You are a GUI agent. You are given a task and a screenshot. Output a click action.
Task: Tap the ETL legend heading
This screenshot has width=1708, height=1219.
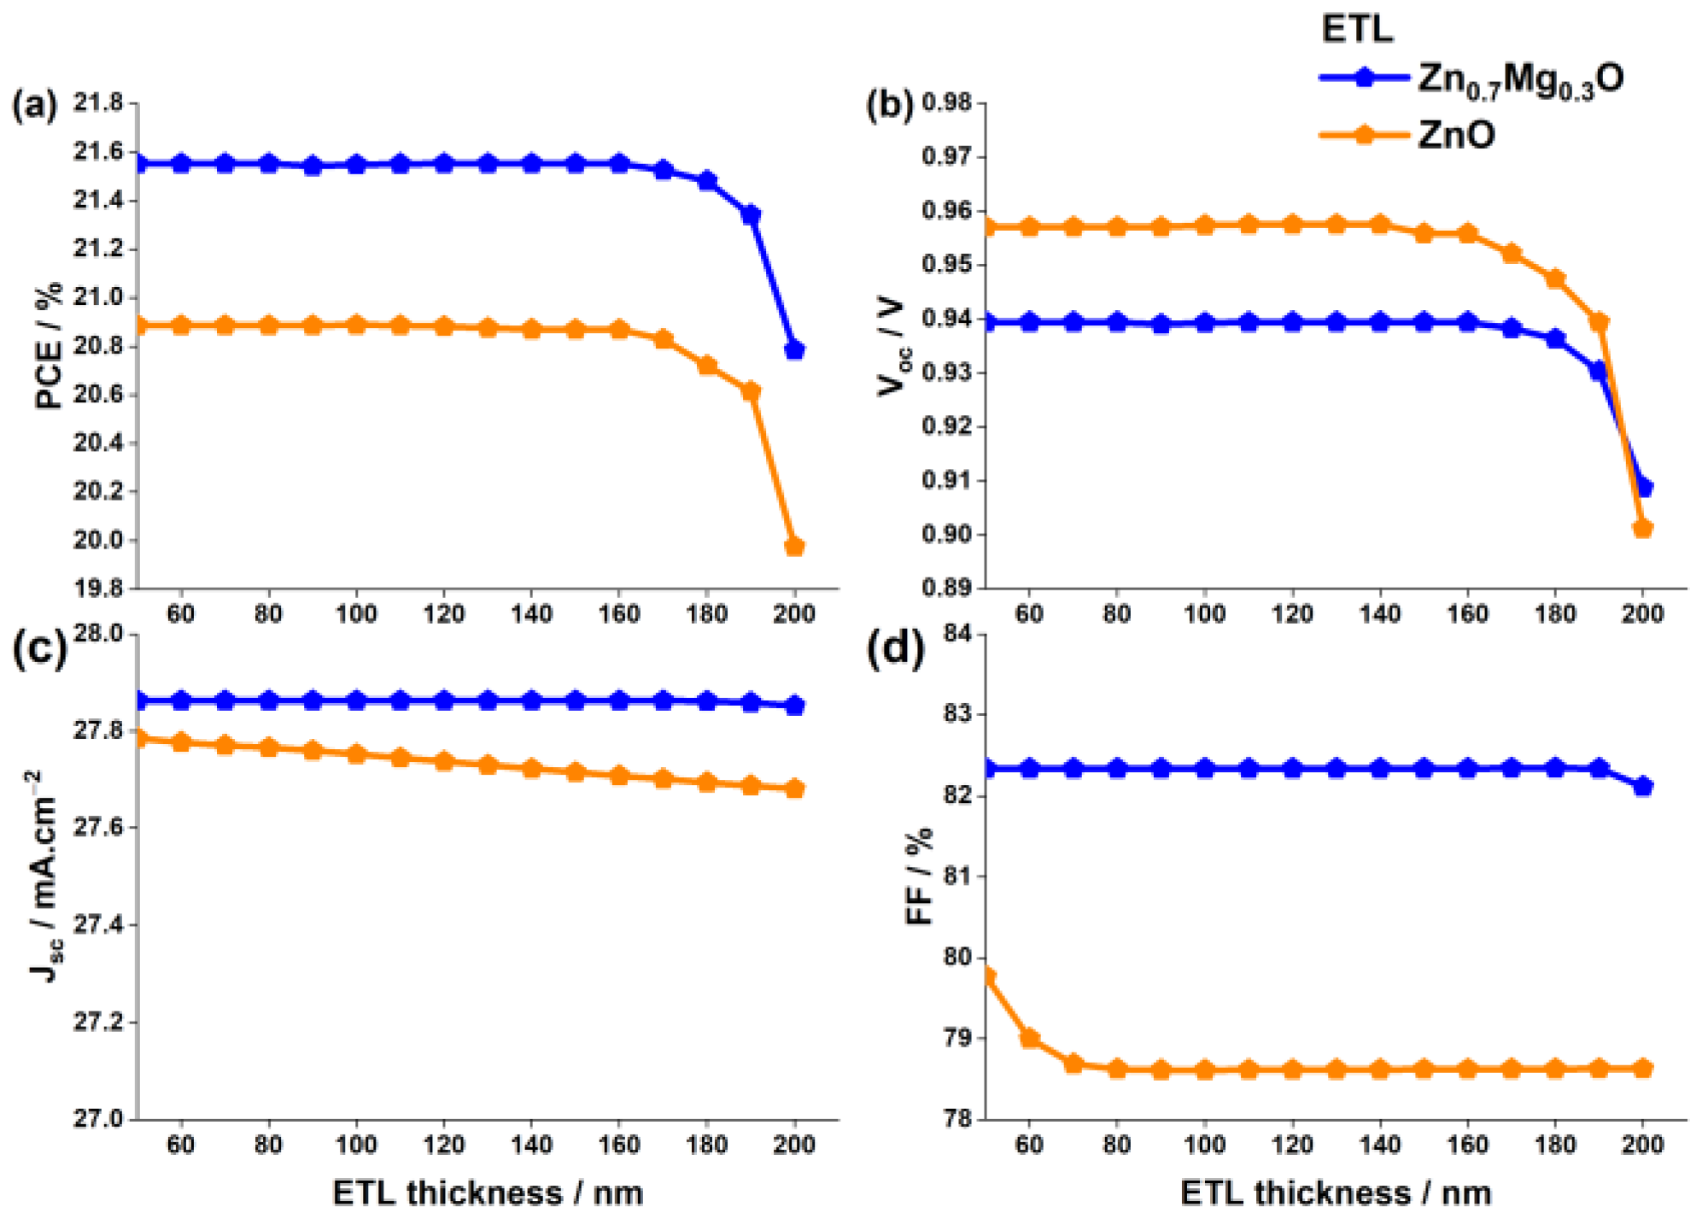1357,29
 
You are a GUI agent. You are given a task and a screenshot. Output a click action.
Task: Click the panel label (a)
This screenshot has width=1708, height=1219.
34,106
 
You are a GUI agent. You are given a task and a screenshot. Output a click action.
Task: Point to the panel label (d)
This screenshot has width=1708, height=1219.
894,649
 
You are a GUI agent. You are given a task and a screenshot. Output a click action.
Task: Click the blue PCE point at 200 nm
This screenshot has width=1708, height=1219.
794,349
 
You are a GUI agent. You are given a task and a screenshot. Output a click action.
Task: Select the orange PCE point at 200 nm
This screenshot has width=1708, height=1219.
794,546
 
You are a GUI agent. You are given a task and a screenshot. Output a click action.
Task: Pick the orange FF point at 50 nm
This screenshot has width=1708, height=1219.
987,976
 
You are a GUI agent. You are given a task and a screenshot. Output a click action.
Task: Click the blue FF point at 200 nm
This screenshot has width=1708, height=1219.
1643,786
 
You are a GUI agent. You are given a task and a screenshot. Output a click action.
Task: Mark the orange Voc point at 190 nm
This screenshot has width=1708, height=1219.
1599,322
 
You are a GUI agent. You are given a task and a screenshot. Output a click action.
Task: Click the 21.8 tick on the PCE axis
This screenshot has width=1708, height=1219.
98,103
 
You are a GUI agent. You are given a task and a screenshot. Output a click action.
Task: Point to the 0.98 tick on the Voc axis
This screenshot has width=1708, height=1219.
947,103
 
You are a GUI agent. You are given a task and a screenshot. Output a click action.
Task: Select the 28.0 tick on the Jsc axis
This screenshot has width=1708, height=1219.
98,634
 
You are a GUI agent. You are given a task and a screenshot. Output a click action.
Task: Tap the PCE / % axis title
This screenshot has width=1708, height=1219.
49,345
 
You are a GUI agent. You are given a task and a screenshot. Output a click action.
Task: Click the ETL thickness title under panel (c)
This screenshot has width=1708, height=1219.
487,1193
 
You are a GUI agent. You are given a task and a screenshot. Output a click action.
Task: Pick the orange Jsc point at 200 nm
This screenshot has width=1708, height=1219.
794,788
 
